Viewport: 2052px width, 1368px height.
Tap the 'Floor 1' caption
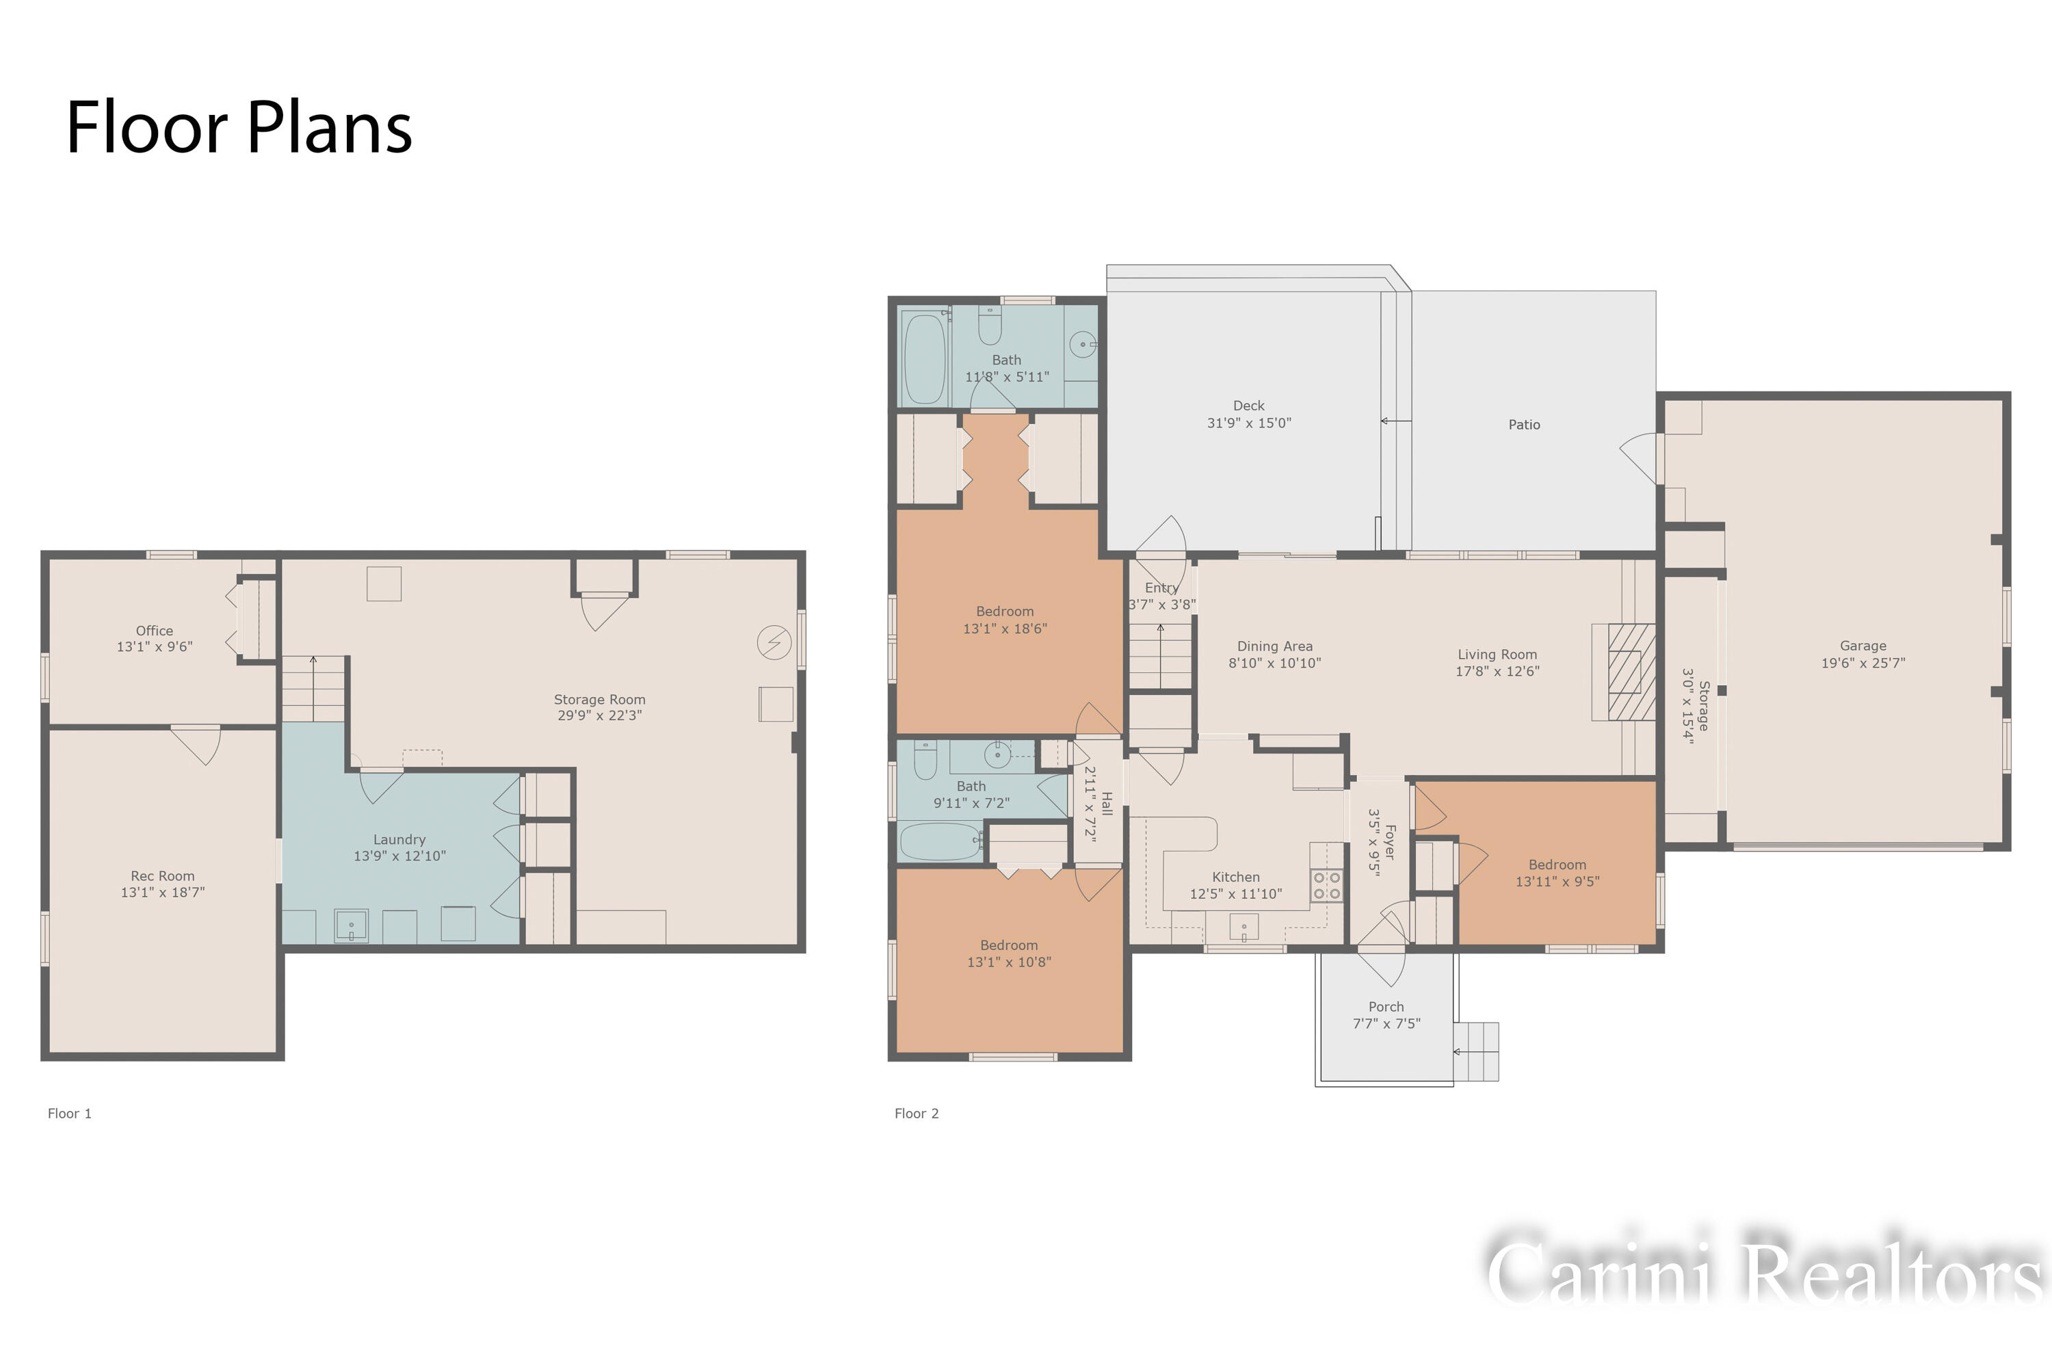(70, 1114)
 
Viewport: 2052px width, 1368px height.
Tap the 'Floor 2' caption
(917, 1114)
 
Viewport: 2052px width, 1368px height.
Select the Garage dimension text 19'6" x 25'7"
(1863, 663)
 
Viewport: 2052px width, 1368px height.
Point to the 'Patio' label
(1524, 425)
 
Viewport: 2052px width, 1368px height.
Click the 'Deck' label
(1248, 406)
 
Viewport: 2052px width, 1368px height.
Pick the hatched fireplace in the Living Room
(1631, 672)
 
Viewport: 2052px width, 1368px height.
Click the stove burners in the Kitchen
(1327, 886)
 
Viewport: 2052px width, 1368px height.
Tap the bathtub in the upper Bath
(925, 358)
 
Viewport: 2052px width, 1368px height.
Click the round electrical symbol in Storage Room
(774, 643)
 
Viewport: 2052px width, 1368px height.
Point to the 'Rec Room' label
(163, 876)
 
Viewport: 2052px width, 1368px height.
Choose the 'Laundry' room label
(399, 839)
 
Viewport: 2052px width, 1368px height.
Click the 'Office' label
(155, 631)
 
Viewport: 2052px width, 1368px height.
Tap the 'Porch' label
(1386, 1007)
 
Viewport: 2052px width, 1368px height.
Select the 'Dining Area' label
(1275, 646)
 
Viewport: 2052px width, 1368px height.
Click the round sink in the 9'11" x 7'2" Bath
(997, 754)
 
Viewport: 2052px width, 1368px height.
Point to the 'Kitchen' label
(1235, 877)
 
